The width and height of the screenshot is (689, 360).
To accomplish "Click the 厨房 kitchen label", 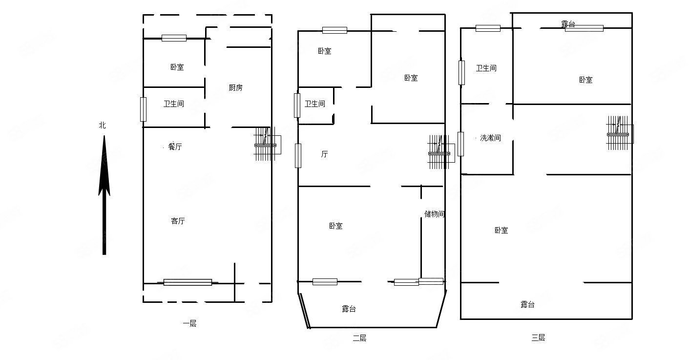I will (x=235, y=88).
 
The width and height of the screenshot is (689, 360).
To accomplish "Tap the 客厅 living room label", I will (x=178, y=221).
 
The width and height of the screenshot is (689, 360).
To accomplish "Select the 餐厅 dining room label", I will (x=175, y=147).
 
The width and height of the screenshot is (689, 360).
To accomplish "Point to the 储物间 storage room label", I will (x=434, y=214).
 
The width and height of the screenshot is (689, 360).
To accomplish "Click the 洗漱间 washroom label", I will (x=490, y=138).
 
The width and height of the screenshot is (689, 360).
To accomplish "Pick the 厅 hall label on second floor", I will (x=324, y=154).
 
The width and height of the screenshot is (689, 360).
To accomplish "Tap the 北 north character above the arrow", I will (x=102, y=126).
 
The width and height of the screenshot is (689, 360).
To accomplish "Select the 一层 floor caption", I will (x=189, y=323).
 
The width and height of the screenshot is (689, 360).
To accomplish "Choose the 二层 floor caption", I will (x=359, y=338).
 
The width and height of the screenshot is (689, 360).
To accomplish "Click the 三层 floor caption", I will (x=538, y=338).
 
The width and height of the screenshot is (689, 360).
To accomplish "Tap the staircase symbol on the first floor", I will (x=265, y=144).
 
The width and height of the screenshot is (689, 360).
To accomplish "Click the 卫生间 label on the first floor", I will (x=173, y=104).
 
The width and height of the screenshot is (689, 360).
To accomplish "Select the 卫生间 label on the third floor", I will (x=486, y=68).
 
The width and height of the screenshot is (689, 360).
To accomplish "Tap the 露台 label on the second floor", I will (x=349, y=309).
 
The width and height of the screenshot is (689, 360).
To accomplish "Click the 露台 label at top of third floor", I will (x=568, y=23).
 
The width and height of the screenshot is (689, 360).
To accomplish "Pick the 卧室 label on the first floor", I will (x=177, y=67).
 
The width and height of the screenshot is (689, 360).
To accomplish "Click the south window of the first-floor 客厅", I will (x=188, y=282).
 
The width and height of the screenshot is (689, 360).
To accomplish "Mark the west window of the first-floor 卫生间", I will (x=143, y=109).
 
